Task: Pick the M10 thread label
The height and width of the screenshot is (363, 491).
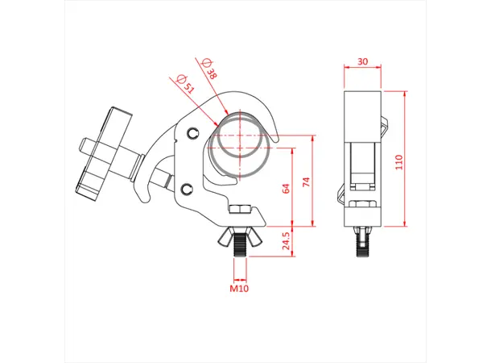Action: (240, 288)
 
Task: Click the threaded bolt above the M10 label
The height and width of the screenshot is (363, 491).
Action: (240, 250)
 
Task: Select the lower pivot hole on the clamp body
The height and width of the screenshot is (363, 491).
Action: (188, 190)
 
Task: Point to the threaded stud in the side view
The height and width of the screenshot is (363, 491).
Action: (361, 240)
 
